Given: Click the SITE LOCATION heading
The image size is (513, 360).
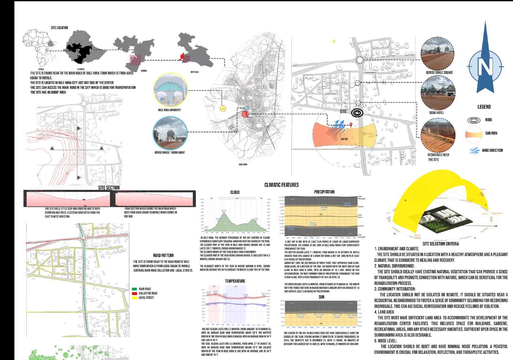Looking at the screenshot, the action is click(59, 28).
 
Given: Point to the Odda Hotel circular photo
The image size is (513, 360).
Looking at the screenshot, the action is click(438, 92).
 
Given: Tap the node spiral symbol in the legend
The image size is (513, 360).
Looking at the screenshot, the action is click(474, 120).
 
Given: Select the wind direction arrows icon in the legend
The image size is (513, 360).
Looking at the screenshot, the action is click(474, 150).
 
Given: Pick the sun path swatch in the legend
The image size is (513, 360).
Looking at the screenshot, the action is click(474, 133).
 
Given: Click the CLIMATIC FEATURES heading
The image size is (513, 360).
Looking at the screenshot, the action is click(281, 185).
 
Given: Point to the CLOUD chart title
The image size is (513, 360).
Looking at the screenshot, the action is click(235, 192).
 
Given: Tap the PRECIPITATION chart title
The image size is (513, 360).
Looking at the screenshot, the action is click(324, 192).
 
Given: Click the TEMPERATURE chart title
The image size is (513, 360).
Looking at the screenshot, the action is click(235, 281).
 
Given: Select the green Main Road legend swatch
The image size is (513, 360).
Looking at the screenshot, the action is click(134, 289).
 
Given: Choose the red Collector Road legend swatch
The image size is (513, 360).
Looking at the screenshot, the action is click(134, 293).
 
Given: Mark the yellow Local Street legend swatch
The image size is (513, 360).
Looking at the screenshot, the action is click(134, 298).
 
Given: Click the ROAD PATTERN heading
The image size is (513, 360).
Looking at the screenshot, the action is click(163, 255).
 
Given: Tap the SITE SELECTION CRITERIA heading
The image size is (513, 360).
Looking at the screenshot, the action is click(441, 244).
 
